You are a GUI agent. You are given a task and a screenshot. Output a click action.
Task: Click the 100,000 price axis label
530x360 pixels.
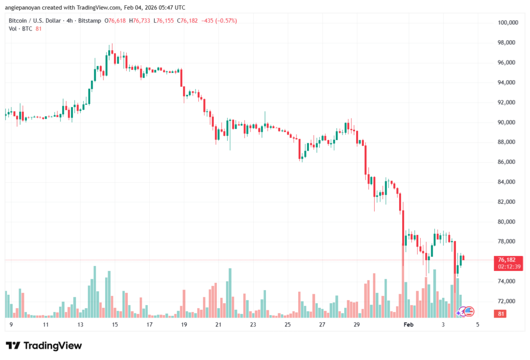point(508,23)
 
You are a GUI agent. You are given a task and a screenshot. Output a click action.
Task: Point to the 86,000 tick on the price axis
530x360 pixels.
point(508,162)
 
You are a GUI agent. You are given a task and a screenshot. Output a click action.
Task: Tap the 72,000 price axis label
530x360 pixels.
point(508,301)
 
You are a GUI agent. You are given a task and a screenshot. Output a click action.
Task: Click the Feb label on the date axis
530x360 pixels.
point(409,325)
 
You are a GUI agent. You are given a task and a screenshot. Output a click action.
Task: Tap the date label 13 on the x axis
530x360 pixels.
point(80,325)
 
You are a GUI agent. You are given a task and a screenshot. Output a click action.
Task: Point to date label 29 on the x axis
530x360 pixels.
point(357,325)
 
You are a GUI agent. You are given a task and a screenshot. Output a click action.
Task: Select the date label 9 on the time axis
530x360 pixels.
point(11,325)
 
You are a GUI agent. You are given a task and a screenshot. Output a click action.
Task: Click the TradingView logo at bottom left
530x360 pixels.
point(44,346)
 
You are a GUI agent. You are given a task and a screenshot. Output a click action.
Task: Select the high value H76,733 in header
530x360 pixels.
point(139,20)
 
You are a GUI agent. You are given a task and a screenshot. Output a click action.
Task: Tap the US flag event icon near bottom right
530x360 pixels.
point(469,311)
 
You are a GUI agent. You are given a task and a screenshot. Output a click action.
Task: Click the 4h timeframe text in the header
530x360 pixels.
point(68,20)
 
